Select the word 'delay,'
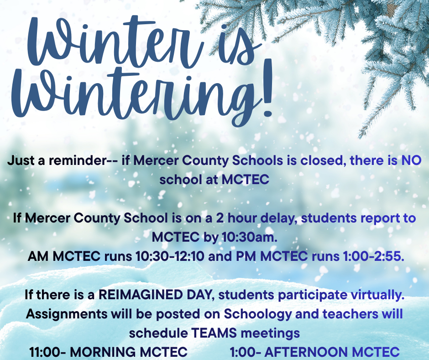(x=281, y=218)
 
